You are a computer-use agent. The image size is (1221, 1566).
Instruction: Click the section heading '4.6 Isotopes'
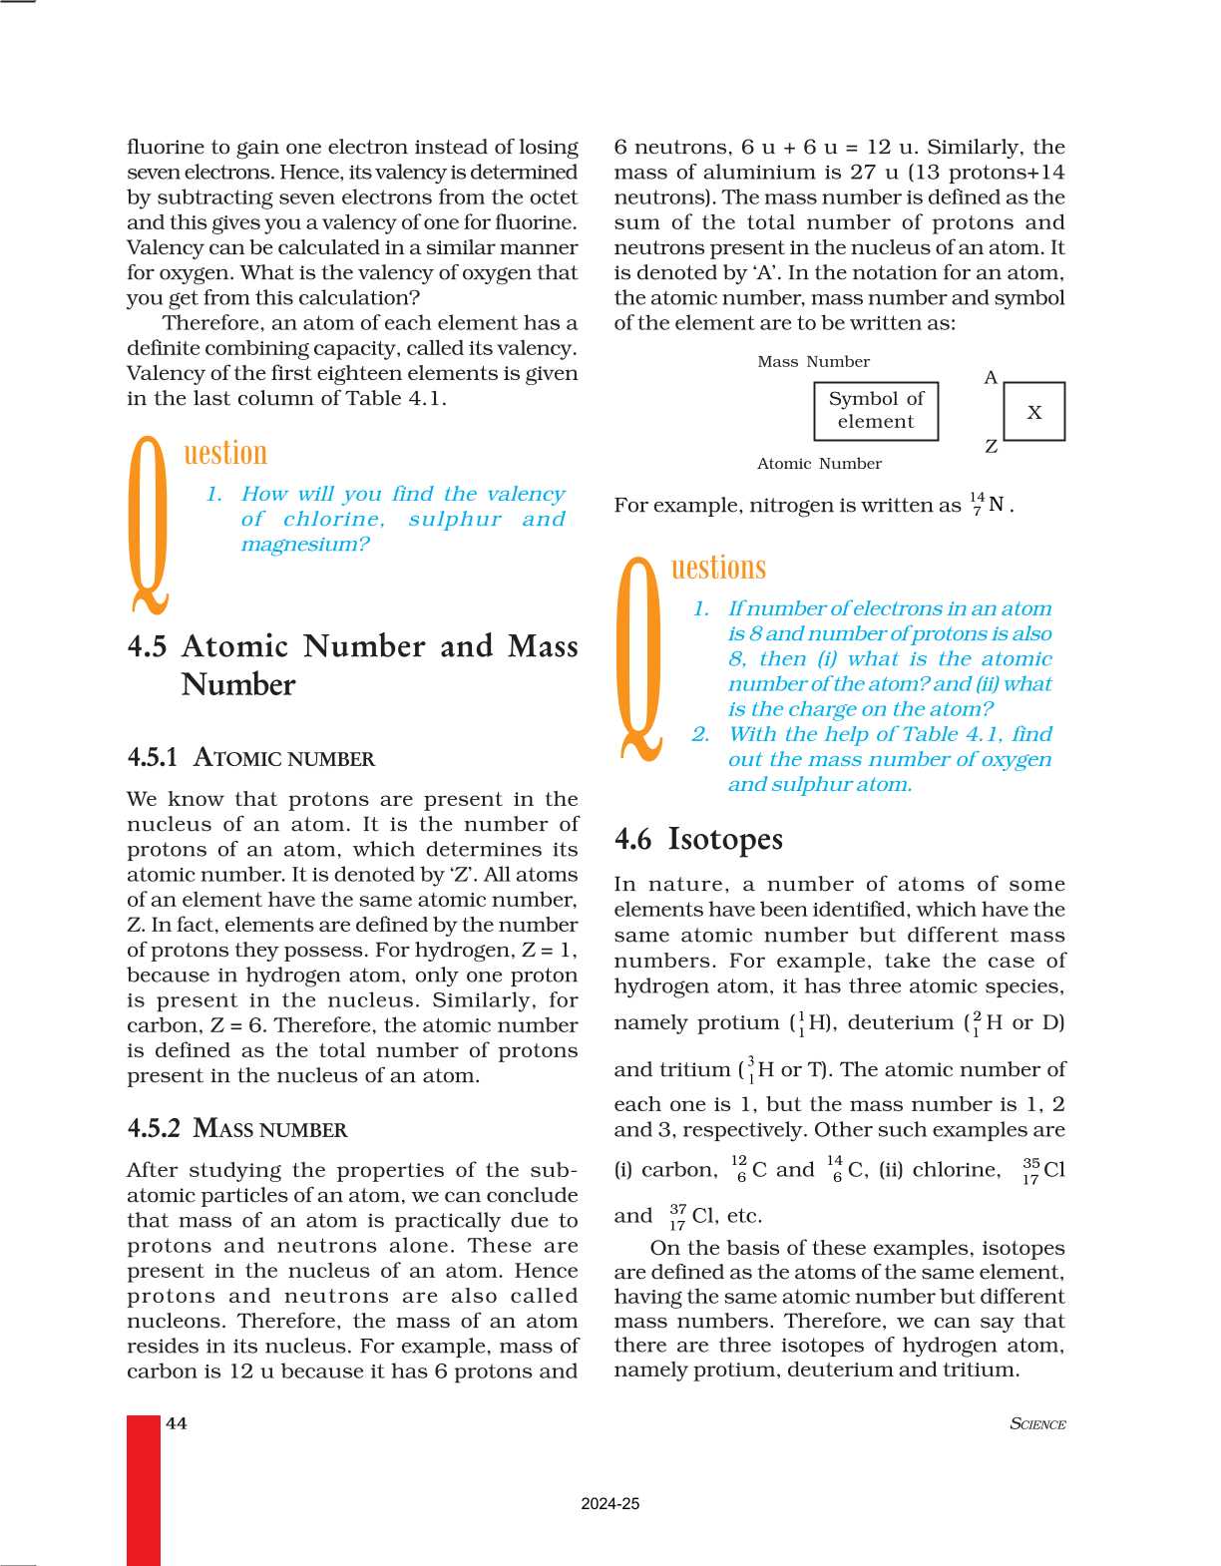[698, 839]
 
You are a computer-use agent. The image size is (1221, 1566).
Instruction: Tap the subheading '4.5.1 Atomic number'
[250, 758]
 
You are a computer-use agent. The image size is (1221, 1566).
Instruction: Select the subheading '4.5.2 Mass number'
[237, 1129]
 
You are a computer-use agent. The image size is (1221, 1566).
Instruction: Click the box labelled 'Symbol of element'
[876, 410]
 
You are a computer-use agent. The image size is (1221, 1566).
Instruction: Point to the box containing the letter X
[1033, 412]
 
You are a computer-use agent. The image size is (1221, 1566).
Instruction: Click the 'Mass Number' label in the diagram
[813, 362]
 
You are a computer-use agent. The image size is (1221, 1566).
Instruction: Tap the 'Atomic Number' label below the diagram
[819, 464]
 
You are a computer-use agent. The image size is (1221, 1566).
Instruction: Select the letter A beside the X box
[991, 378]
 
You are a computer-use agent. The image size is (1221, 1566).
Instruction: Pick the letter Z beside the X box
[991, 447]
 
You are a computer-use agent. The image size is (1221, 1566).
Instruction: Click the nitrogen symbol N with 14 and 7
[994, 505]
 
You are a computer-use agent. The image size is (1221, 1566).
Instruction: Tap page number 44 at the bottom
[177, 1423]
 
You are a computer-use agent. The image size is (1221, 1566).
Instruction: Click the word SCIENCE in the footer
[1037, 1424]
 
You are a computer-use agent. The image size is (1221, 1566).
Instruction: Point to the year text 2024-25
[610, 1504]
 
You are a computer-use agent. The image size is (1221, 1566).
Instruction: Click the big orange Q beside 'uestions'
[639, 658]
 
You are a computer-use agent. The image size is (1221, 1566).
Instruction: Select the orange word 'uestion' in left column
[225, 453]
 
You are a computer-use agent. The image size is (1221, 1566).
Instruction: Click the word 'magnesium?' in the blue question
[304, 545]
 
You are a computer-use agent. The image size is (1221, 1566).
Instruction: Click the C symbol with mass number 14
[854, 1170]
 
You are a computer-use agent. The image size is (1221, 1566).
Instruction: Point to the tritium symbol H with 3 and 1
[764, 1070]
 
